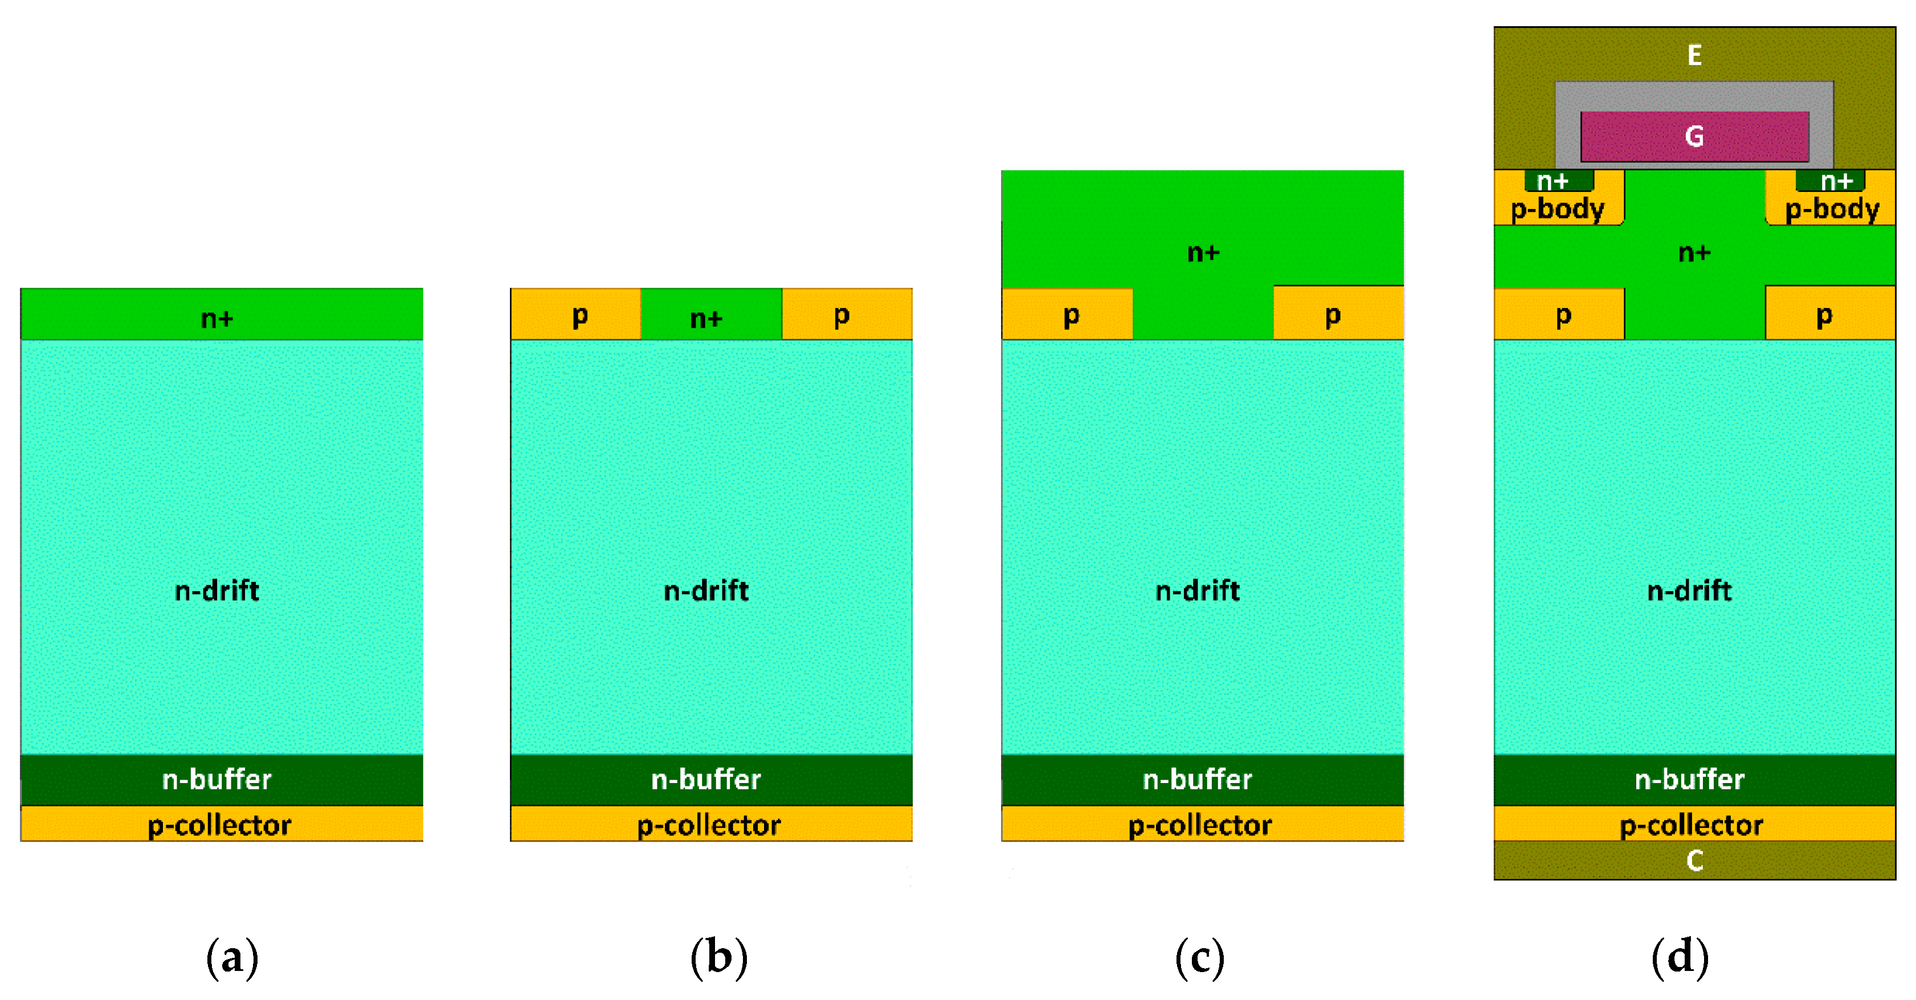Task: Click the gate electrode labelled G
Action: pos(1694,136)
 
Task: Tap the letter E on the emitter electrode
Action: pos(1694,55)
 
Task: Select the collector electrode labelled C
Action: pos(1694,860)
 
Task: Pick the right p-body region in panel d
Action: pos(1831,209)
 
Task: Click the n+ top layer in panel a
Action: pos(217,318)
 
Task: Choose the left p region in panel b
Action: pos(579,315)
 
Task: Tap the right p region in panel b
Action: pos(841,315)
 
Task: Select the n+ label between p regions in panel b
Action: pos(706,318)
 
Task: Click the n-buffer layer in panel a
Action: pos(217,779)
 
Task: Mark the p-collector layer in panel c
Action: pos(1200,825)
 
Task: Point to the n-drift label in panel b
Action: pos(706,591)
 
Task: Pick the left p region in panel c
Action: pos(1071,315)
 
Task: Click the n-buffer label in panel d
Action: pos(1689,779)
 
